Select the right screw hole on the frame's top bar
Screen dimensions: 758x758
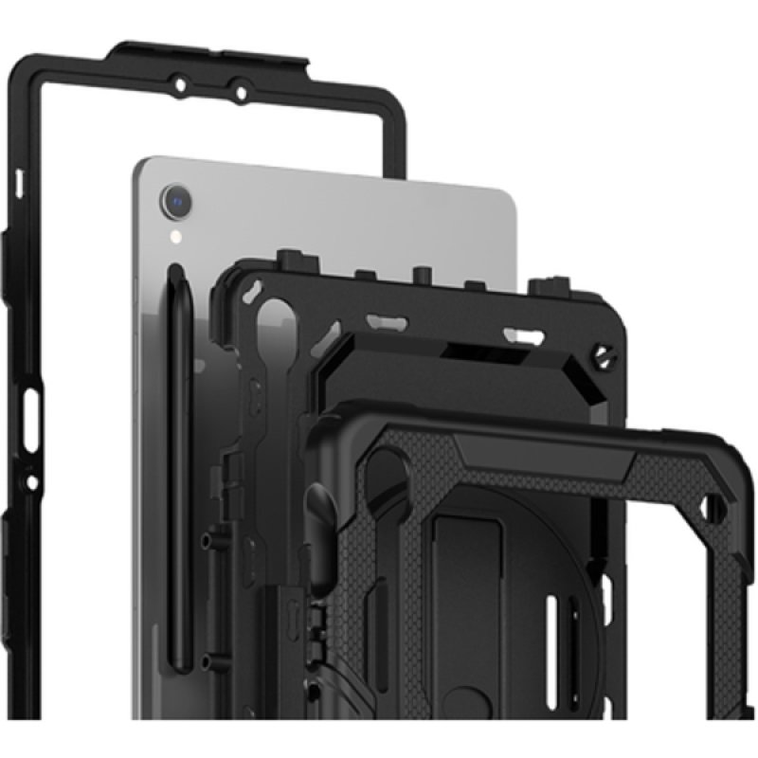(x=241, y=93)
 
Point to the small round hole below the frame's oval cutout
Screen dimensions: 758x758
(x=31, y=482)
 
